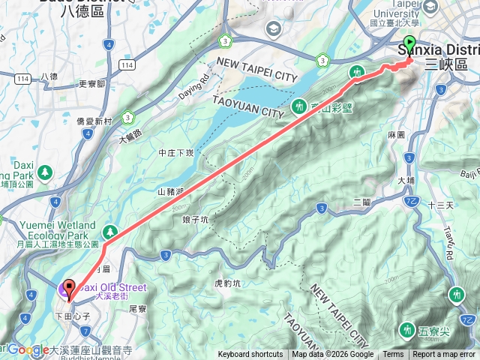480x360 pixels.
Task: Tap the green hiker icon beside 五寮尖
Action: click(x=407, y=328)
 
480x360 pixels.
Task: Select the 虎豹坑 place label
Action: click(x=228, y=284)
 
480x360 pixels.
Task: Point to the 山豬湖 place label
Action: click(x=172, y=191)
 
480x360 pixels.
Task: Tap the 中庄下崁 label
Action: click(x=177, y=152)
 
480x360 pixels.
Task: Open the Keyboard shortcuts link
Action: click(x=250, y=355)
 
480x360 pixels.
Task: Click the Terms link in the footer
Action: click(x=393, y=355)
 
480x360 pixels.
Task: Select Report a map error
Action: click(x=444, y=355)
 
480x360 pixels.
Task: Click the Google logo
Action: click(x=28, y=349)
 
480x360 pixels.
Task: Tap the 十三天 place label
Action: click(x=440, y=205)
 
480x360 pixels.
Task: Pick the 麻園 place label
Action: click(x=396, y=135)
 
